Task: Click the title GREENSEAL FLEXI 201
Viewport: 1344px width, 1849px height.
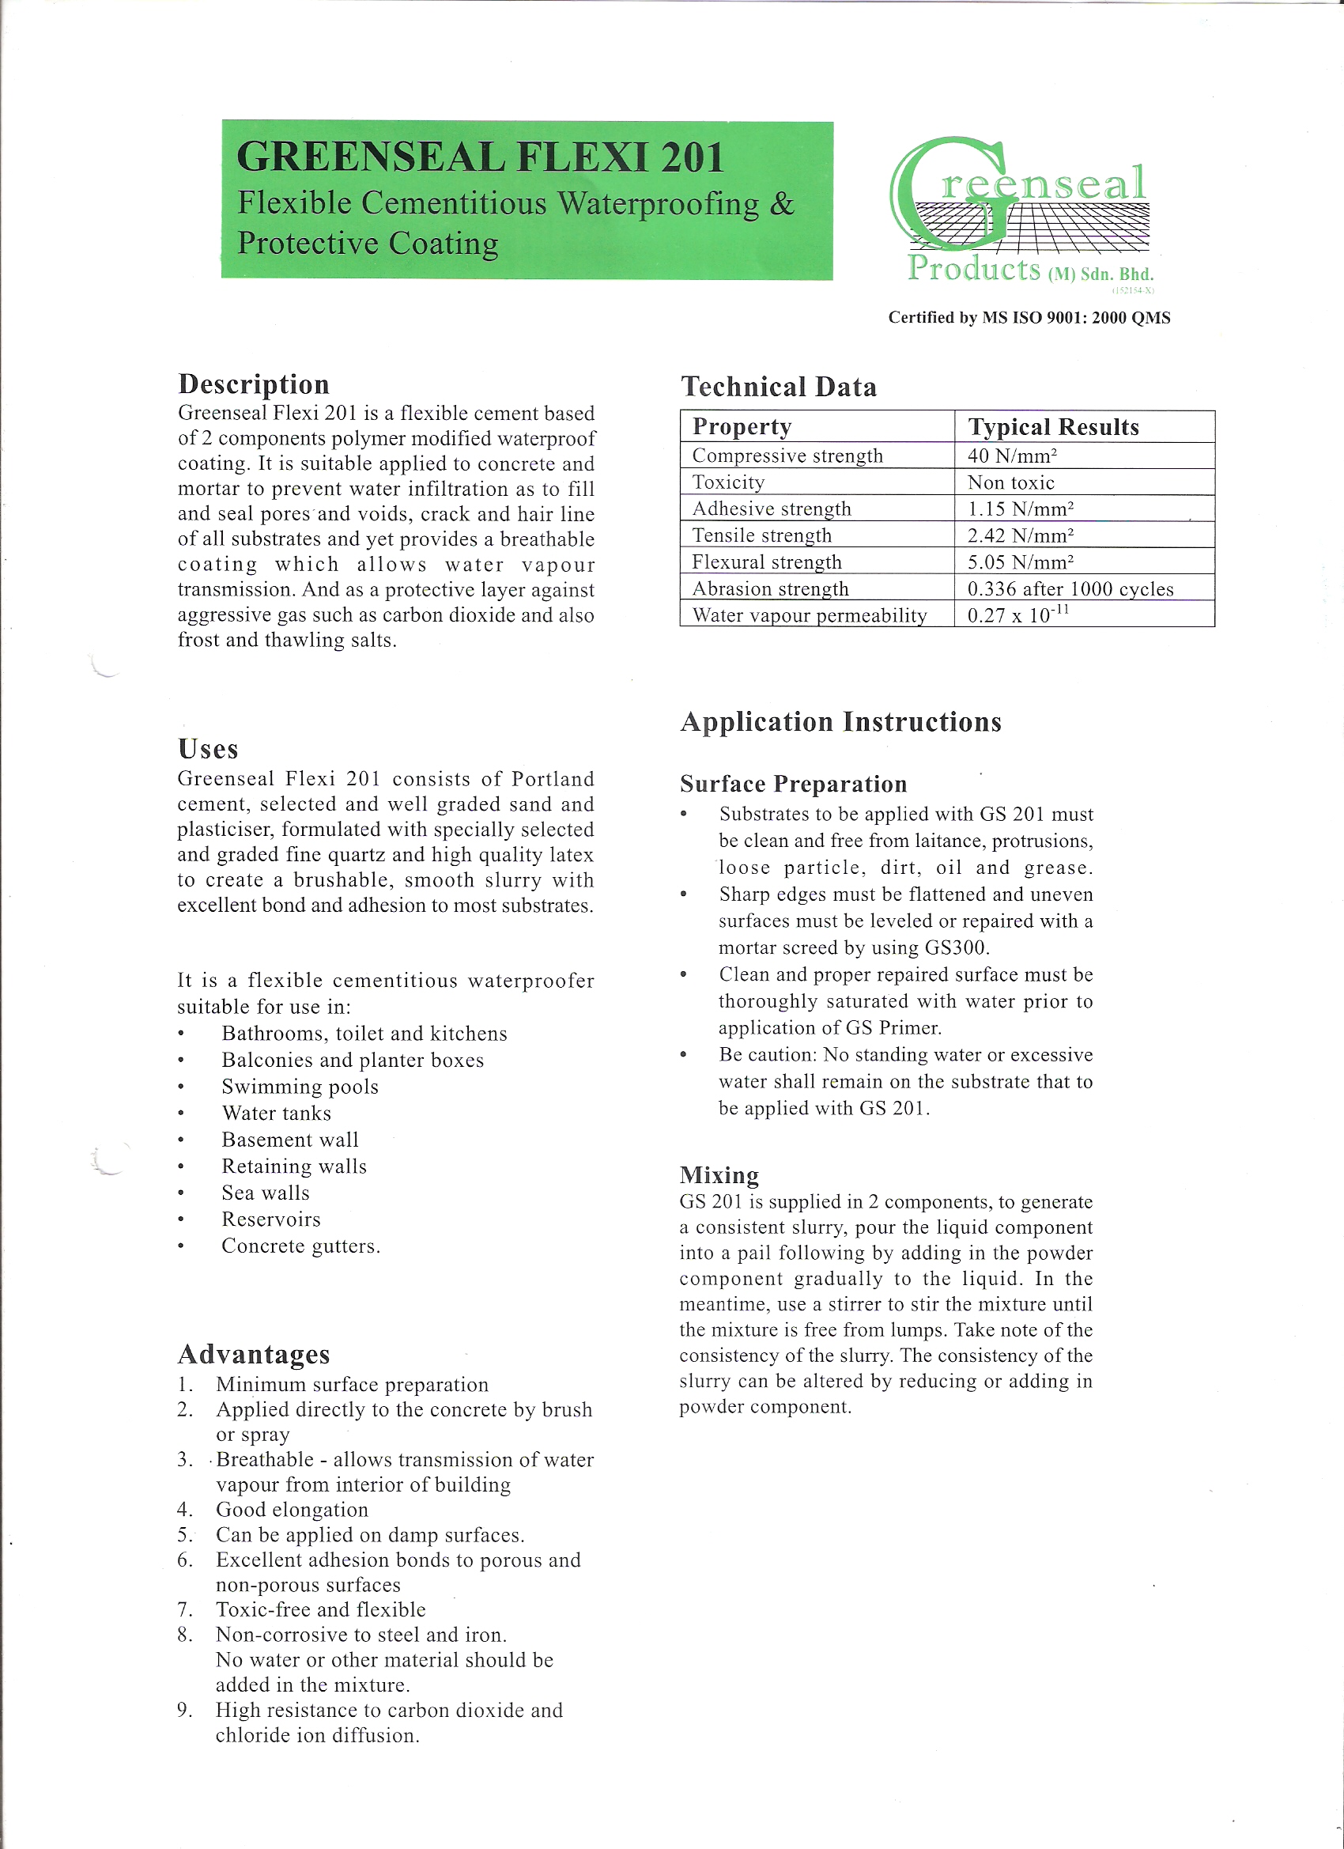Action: tap(480, 157)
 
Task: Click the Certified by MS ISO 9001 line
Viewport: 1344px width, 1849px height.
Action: tap(1029, 318)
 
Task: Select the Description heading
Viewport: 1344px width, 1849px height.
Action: tap(254, 384)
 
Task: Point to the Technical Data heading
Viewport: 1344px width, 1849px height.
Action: tap(779, 387)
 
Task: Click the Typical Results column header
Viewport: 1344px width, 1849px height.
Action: tap(1053, 427)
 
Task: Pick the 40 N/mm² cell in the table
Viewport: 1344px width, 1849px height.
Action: tap(1012, 456)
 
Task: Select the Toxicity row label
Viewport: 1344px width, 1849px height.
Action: tap(728, 482)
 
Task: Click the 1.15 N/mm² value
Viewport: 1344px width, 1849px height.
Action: tap(1021, 509)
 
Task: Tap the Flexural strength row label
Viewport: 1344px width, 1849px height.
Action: tap(766, 562)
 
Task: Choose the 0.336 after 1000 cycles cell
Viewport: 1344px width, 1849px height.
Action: tap(1070, 589)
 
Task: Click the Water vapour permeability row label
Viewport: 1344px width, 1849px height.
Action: tap(810, 615)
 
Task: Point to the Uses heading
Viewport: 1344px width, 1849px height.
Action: tap(208, 749)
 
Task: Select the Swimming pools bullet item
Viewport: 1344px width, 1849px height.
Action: tap(300, 1087)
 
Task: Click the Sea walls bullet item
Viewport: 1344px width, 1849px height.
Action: tap(266, 1193)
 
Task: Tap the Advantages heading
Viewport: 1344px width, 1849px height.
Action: tap(254, 1354)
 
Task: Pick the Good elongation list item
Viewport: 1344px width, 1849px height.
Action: tap(292, 1509)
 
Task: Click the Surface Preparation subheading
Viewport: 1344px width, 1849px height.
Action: tap(793, 785)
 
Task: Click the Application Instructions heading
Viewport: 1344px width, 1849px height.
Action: tap(840, 722)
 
